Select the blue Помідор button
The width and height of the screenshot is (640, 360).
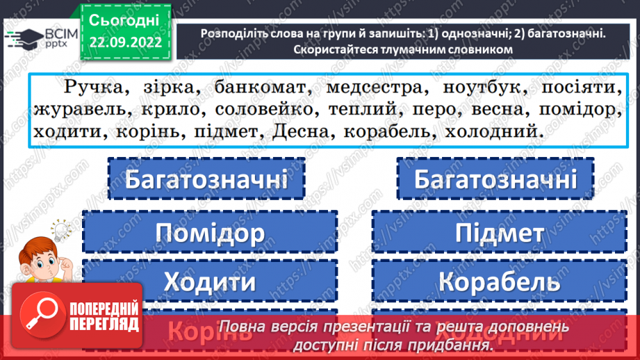(210, 231)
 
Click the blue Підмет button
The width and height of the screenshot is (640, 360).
(499, 231)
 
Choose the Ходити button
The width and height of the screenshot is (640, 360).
(210, 281)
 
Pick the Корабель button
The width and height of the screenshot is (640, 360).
(499, 281)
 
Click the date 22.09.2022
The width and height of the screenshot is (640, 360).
(125, 42)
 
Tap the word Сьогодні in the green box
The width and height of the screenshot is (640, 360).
(125, 19)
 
